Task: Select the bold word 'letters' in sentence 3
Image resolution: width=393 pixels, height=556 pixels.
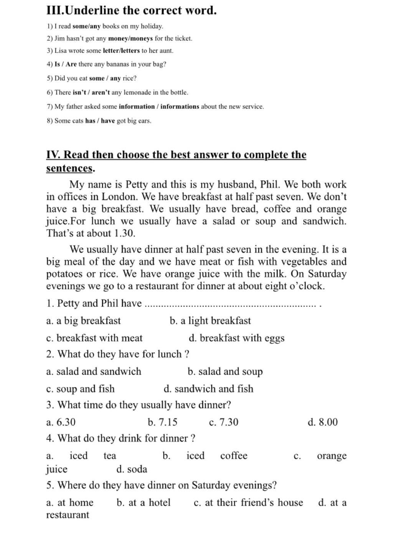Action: [x=129, y=51]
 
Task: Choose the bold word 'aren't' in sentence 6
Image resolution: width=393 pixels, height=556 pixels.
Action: [x=101, y=93]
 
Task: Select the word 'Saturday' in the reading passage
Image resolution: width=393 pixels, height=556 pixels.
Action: [x=327, y=274]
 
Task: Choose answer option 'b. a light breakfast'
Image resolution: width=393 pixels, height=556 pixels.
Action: [x=210, y=321]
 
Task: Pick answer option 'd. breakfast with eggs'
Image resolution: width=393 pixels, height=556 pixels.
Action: [x=236, y=338]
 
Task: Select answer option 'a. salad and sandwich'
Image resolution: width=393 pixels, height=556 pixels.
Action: [x=94, y=371]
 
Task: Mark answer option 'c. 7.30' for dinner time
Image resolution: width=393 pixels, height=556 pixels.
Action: [x=223, y=422]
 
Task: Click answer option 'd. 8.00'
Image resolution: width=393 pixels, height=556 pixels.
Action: [x=322, y=422]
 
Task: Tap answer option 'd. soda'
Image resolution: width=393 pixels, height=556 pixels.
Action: [x=132, y=469]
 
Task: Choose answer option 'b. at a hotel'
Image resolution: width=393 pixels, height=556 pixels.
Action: [x=143, y=503]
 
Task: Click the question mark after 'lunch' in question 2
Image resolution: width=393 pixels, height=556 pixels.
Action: [x=187, y=354]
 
